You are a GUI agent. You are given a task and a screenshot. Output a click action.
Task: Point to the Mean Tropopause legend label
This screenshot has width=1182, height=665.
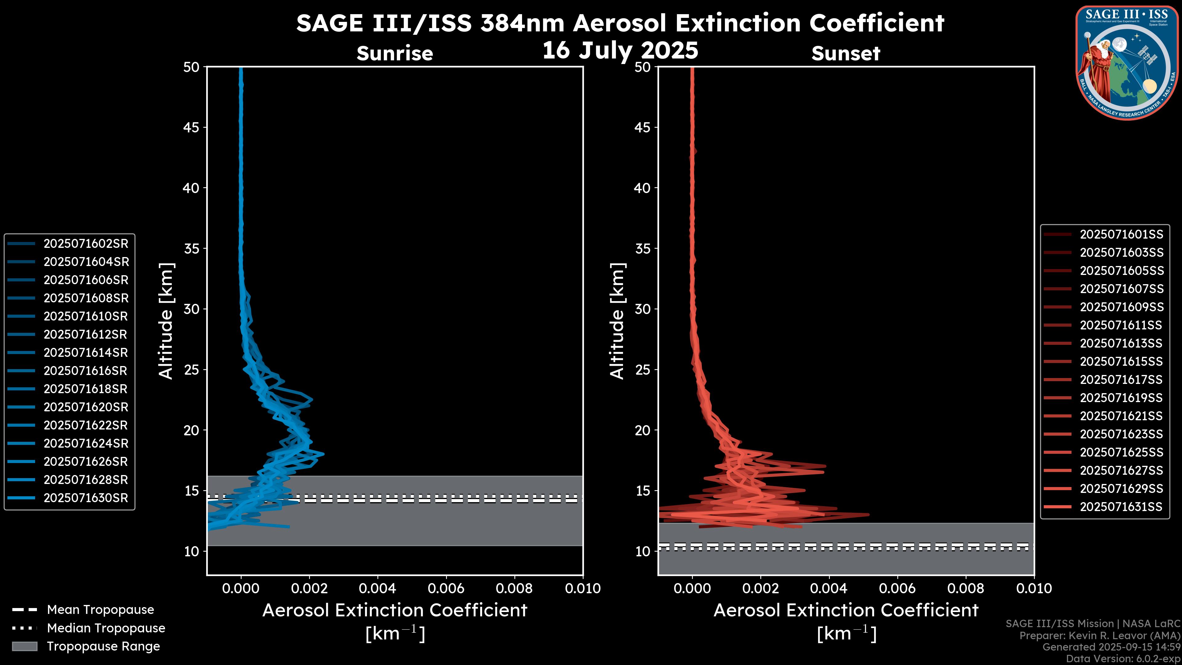pos(100,610)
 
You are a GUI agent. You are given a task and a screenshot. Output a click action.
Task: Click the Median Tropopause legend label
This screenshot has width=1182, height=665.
pos(106,628)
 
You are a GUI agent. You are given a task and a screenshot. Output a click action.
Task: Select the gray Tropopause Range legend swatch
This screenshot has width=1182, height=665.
pos(24,646)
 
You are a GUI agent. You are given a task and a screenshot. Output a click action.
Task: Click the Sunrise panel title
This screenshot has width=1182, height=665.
pos(395,53)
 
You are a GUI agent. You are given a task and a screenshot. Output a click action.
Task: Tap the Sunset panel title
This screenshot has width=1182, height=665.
pos(846,53)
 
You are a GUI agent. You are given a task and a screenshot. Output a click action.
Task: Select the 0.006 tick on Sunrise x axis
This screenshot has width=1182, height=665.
pos(446,588)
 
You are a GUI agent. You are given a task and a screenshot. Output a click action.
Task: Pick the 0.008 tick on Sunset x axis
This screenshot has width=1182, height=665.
pos(966,588)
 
